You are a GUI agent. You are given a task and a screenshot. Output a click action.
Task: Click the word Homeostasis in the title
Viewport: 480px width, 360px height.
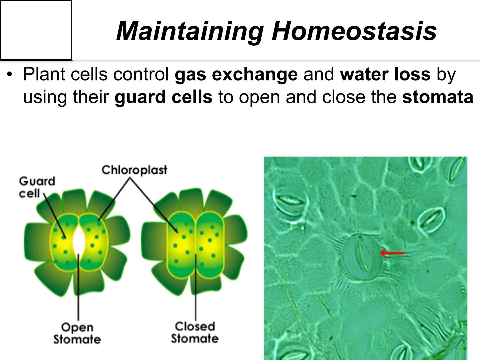tap(354, 31)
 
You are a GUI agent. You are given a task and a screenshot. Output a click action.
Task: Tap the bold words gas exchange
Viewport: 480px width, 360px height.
tap(236, 74)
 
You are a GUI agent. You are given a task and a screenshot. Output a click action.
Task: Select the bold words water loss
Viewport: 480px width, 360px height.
tap(385, 74)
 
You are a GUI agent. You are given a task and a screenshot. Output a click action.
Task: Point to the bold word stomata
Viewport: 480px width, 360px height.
tap(437, 97)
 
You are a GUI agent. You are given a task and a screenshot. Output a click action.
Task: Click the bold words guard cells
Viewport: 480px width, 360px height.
tap(163, 97)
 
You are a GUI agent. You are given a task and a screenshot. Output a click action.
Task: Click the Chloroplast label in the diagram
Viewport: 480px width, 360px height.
tap(134, 170)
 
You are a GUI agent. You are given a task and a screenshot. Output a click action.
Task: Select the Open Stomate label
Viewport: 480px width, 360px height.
tap(77, 333)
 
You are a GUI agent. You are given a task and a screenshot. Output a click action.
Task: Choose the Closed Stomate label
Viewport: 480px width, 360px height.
tap(195, 332)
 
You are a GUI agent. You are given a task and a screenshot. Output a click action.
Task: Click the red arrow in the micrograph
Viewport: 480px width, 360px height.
tap(392, 253)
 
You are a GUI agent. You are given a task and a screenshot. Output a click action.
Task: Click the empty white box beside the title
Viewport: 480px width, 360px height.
tap(36, 30)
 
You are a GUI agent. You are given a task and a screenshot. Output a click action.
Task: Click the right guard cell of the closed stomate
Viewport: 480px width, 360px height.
tap(209, 245)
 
